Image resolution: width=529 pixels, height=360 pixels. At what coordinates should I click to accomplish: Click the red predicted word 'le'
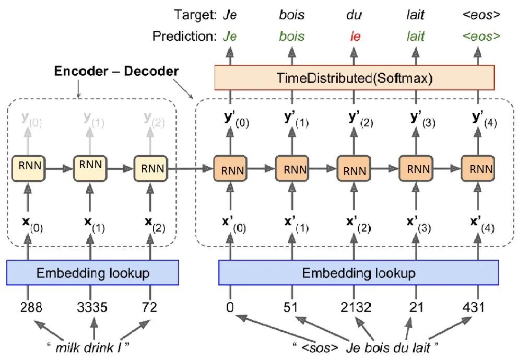point(355,37)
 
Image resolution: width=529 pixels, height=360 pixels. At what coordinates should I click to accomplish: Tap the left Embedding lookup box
point(93,272)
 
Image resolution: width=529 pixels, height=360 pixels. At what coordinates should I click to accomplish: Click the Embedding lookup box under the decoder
point(358,273)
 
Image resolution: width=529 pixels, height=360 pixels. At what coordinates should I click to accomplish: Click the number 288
point(31,307)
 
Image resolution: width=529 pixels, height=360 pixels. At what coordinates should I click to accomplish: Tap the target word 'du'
point(354,15)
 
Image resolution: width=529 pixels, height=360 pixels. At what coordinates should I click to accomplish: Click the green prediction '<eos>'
point(481,37)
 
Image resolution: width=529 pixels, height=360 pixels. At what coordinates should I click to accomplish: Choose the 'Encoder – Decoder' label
point(116,71)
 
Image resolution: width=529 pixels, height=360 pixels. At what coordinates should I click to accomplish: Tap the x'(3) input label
point(418,225)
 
